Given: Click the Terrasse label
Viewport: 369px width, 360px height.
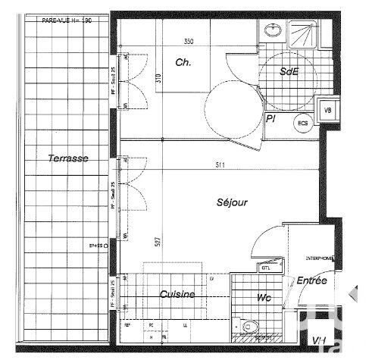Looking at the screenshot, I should click(x=67, y=158).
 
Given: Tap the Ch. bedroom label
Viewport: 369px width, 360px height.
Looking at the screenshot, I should click(x=183, y=63).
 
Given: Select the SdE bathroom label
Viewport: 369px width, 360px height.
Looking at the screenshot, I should click(x=288, y=72).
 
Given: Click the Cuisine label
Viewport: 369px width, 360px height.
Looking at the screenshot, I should click(x=177, y=294).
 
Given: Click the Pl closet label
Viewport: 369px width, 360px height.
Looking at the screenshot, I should click(x=270, y=118).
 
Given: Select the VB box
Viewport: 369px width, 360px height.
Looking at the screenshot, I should click(x=327, y=111).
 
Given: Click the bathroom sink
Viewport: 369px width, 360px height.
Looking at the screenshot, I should click(x=271, y=31).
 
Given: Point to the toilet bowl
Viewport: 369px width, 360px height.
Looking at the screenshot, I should click(x=251, y=326).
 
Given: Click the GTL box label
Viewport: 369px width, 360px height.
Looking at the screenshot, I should click(x=267, y=268).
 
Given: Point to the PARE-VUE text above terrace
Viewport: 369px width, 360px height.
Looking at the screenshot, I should click(x=67, y=21).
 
